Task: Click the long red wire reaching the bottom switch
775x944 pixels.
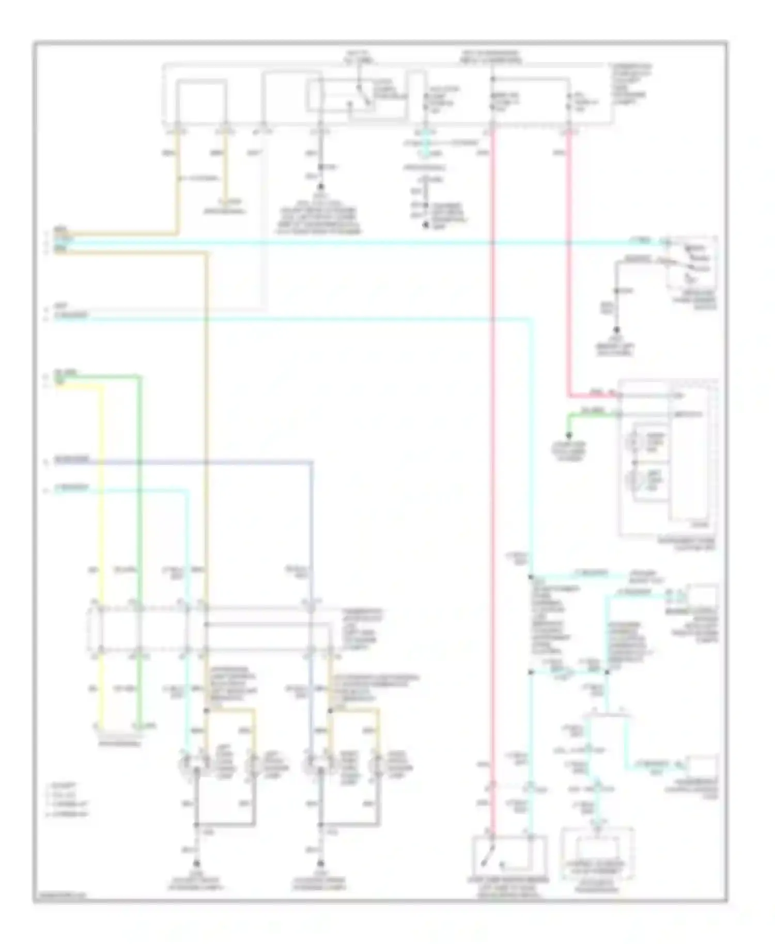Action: tap(492, 465)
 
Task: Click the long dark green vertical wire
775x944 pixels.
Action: tap(139, 516)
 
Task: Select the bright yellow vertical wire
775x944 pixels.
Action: tap(102, 516)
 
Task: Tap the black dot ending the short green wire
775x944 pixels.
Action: tap(569, 435)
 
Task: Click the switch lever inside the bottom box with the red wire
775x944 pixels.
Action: tap(488, 860)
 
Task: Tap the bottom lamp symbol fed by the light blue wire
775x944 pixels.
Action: tap(196, 769)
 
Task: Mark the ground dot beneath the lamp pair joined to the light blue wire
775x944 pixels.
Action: tap(196, 863)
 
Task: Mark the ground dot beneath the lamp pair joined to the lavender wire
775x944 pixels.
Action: tap(320, 863)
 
